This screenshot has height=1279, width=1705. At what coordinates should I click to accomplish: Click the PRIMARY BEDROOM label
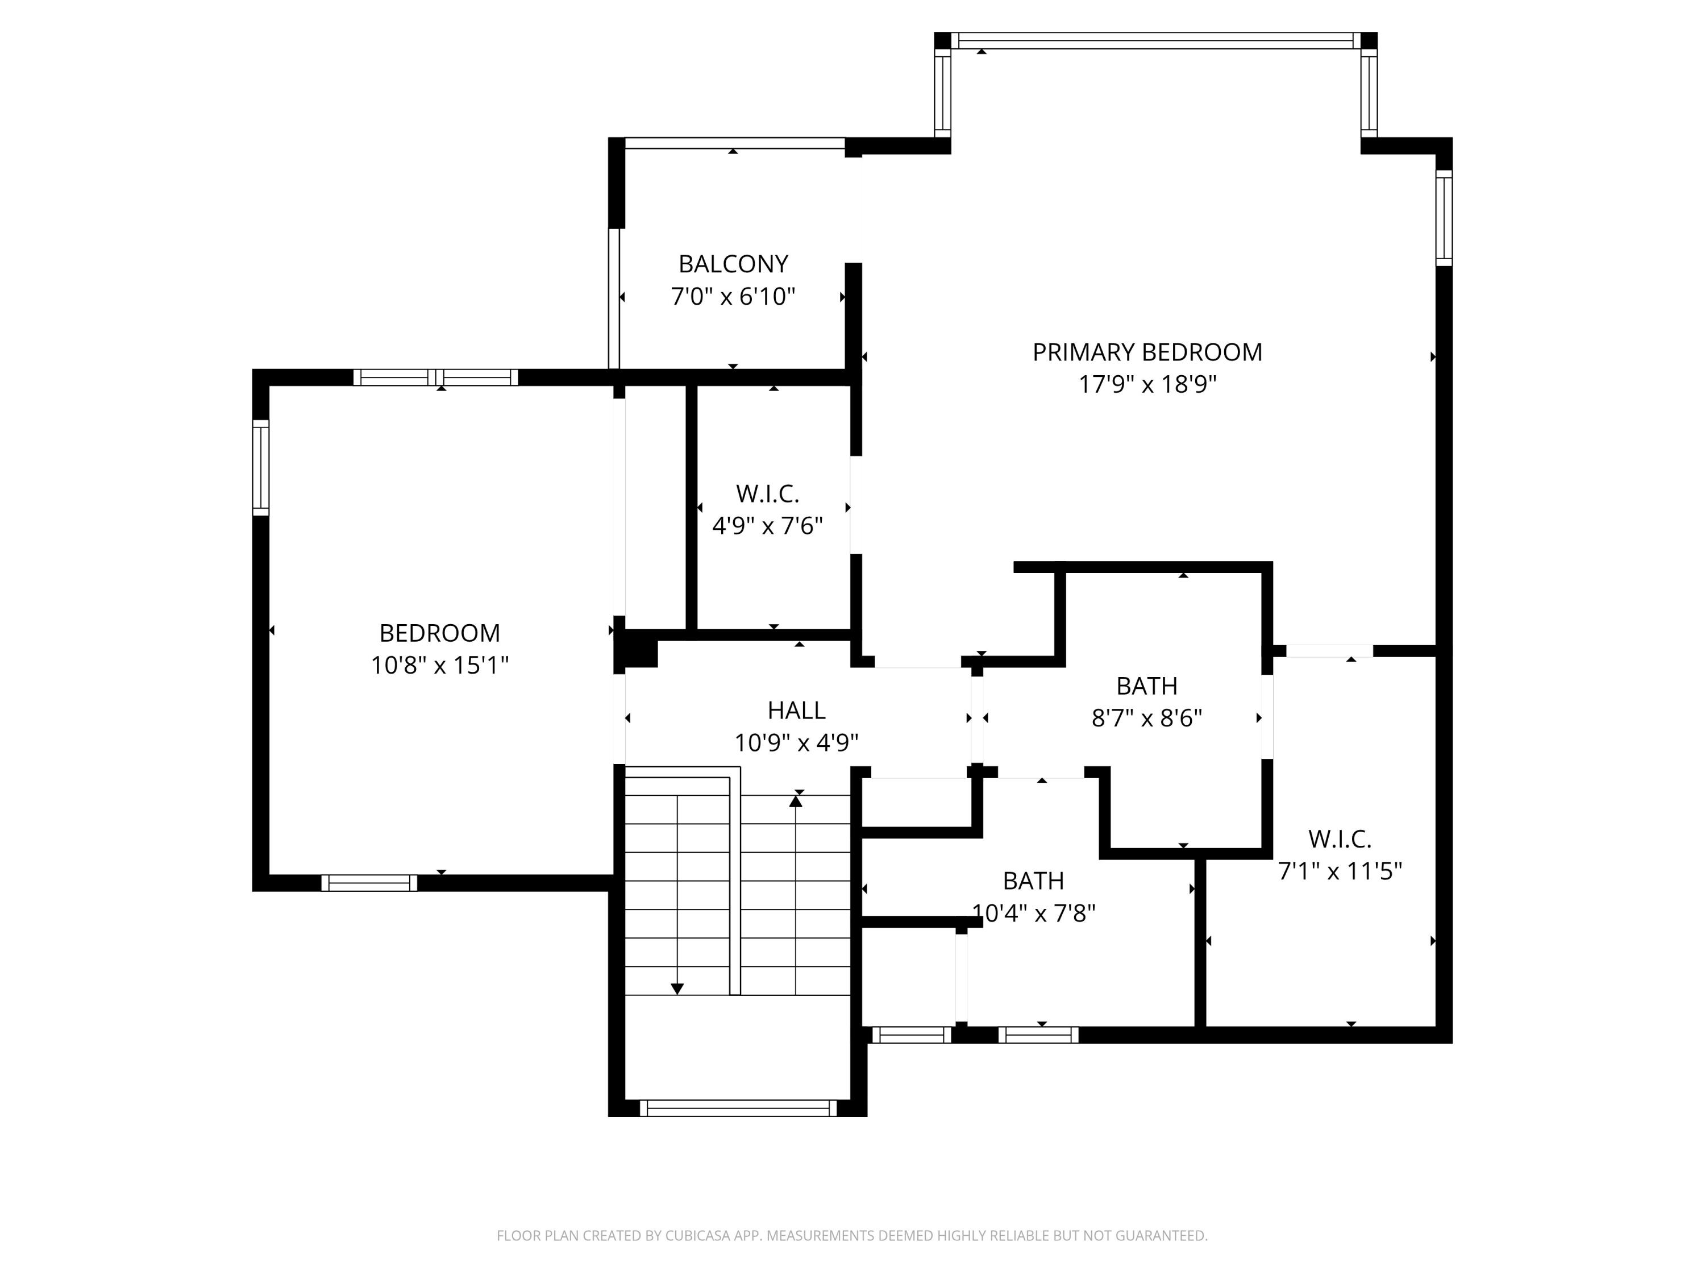(1147, 352)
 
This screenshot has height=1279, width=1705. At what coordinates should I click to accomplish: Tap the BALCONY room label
(733, 264)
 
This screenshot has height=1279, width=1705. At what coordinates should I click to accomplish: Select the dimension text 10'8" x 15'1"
(439, 665)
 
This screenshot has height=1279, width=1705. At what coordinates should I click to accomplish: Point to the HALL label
(796, 710)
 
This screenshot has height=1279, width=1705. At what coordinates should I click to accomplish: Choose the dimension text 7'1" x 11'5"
(1340, 871)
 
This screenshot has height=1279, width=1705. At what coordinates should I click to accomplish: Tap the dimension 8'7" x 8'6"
(1147, 719)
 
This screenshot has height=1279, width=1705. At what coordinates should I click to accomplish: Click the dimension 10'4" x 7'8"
(1034, 913)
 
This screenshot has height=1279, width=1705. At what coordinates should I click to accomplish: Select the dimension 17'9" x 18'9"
(1147, 384)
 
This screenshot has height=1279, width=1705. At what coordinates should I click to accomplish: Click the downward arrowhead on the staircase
(677, 989)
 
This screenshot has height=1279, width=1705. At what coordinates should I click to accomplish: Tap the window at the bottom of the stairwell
(738, 1108)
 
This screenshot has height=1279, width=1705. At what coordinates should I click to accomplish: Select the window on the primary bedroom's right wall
(1444, 217)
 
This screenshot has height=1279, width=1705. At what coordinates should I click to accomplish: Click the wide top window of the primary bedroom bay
(1155, 41)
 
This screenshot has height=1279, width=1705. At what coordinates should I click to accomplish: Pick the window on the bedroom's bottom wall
(369, 883)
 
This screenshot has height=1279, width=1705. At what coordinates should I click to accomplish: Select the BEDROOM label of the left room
(439, 633)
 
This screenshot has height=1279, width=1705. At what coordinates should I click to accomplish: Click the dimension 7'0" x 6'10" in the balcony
(733, 297)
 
